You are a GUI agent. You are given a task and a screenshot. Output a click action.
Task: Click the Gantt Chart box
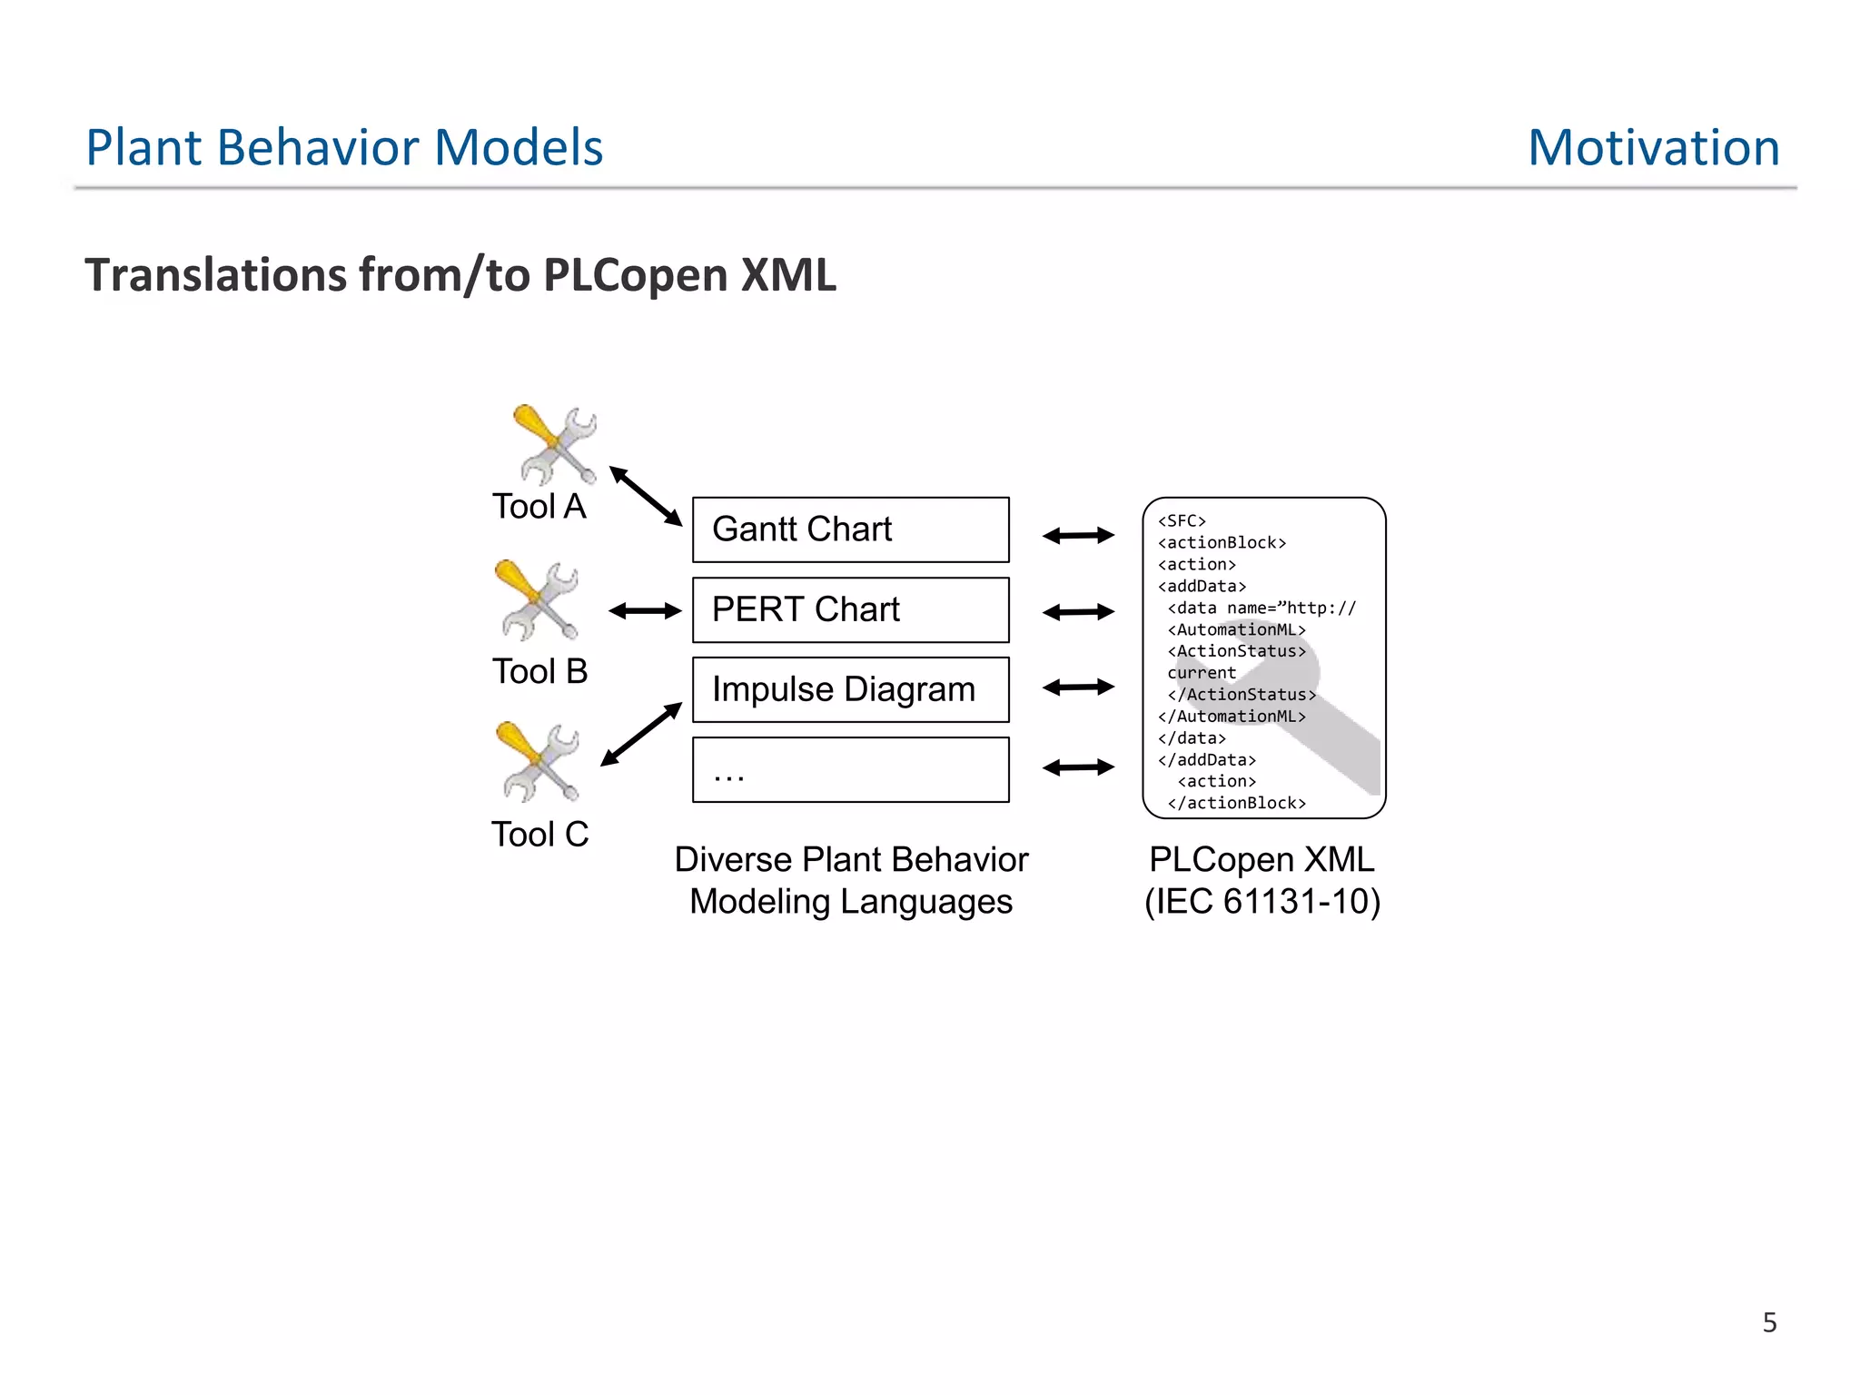(850, 529)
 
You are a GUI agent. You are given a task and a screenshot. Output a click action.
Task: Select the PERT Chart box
(850, 609)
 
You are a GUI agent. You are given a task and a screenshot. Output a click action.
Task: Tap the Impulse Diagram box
(850, 689)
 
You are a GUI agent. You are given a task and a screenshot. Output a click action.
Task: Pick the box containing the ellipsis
(850, 769)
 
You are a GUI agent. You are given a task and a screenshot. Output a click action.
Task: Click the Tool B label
(539, 671)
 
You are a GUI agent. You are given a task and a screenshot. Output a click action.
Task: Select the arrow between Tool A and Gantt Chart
(646, 496)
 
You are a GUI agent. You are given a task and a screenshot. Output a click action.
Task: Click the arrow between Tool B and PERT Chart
(645, 611)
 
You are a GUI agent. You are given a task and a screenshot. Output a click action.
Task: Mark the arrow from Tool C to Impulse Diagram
(641, 734)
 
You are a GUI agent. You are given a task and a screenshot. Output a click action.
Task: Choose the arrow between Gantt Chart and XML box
(1078, 536)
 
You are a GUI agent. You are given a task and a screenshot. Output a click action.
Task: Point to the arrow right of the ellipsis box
(1078, 767)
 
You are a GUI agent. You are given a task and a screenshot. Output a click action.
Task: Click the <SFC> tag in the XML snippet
(1182, 521)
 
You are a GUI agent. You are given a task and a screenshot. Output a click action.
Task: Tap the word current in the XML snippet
(1202, 673)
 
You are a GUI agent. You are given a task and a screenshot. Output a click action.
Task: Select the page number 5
(1769, 1322)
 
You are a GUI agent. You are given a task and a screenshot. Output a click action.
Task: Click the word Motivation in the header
(1653, 147)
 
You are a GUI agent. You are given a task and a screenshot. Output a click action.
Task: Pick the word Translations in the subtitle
(215, 274)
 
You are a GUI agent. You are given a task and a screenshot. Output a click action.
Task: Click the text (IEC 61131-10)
(1262, 902)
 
